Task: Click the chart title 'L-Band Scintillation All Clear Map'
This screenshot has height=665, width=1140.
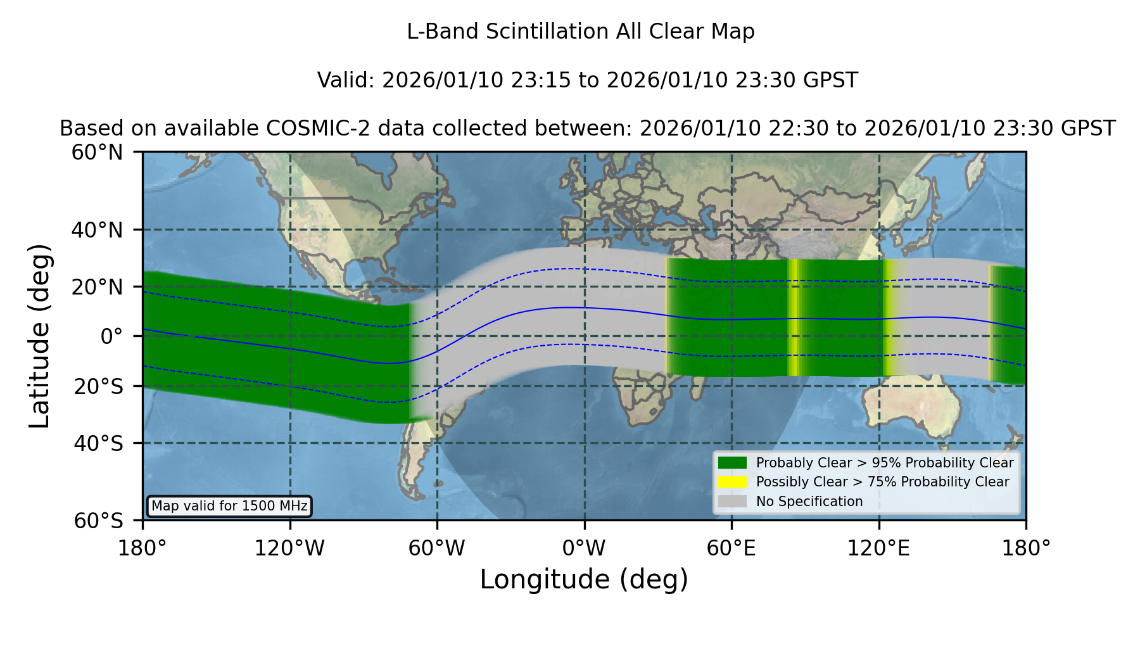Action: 580,32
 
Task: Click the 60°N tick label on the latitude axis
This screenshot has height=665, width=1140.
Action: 98,152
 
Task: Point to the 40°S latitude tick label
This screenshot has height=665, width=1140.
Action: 99,443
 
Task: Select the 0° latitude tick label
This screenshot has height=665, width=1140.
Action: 111,336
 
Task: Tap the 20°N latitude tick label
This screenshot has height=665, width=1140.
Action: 98,287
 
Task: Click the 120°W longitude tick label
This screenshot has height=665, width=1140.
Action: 289,548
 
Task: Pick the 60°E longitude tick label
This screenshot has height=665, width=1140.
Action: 731,548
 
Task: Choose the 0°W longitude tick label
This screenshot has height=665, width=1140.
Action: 584,548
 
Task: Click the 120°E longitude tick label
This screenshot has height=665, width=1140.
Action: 878,548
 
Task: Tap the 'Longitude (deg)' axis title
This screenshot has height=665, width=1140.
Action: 584,579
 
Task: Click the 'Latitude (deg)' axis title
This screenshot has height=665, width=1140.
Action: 39,336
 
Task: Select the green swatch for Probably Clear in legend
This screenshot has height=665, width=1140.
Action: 732,463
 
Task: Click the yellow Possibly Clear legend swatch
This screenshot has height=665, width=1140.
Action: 732,482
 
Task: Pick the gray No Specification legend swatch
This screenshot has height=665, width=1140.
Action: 732,502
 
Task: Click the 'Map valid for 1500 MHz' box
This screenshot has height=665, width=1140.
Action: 229,506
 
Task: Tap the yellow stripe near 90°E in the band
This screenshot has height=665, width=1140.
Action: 793,318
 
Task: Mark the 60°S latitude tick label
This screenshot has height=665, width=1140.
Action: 99,521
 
